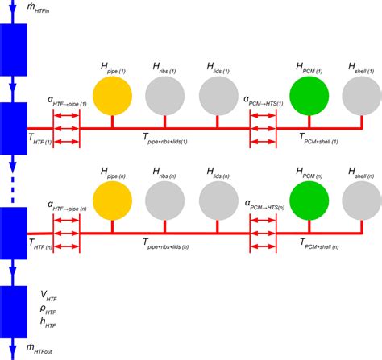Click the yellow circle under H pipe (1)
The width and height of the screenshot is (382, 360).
tap(112, 96)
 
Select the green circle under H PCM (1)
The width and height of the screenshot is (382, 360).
tap(306, 96)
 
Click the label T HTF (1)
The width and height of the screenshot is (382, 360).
tap(40, 140)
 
